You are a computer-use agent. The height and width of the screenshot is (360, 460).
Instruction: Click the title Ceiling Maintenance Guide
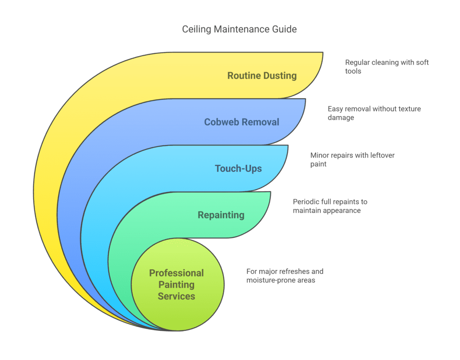[x=239, y=29]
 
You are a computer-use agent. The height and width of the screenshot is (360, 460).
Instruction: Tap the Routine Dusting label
[x=262, y=75]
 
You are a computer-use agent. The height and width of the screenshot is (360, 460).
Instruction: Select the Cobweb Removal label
[x=241, y=122]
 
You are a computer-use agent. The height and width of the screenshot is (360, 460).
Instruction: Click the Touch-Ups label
[x=238, y=169]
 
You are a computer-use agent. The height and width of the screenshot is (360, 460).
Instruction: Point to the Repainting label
[x=221, y=215]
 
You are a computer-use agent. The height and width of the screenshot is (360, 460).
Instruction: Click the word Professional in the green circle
[x=176, y=273]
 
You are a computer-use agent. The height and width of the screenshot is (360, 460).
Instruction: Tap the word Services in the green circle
[x=176, y=296]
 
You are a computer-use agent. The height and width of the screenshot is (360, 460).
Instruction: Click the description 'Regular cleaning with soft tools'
[x=387, y=66]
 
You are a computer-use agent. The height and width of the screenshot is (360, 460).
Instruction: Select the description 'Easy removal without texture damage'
[x=374, y=113]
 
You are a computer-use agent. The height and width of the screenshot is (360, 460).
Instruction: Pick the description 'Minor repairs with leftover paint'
[x=352, y=159]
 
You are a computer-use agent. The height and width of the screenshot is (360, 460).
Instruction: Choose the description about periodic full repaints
[x=330, y=206]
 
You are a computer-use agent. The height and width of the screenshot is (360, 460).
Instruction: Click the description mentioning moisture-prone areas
[x=284, y=276]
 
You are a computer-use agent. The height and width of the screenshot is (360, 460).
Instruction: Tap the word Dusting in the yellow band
[x=279, y=75]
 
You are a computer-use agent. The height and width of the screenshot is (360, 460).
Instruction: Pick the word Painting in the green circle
[x=176, y=285]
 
